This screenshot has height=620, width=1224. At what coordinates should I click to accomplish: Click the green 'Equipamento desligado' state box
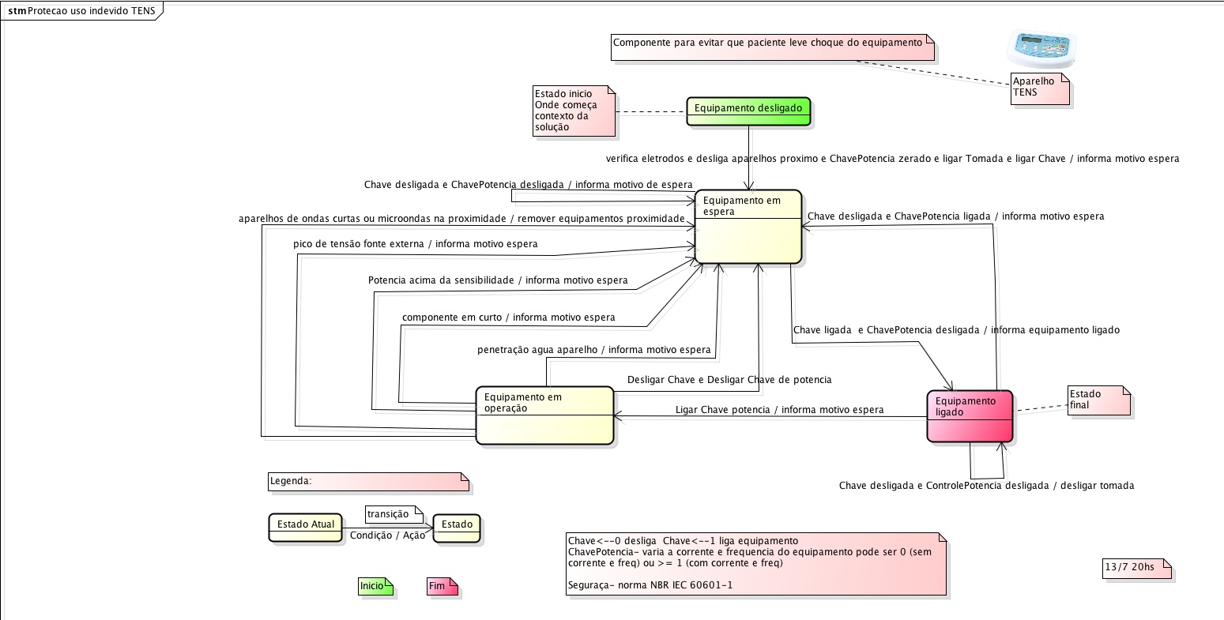748,111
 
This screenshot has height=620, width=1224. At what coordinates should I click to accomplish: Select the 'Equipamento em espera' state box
748,227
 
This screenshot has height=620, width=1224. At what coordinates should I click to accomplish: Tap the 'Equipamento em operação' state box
544,415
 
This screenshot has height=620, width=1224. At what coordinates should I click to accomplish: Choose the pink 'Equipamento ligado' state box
970,416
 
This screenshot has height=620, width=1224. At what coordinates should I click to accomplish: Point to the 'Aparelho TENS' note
1039,88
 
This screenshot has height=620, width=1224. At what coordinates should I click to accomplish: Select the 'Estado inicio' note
573,111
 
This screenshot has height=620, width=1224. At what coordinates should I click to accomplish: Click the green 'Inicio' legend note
375,586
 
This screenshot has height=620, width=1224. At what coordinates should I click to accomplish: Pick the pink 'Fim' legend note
441,586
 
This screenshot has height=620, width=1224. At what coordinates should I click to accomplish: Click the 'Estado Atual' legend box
306,527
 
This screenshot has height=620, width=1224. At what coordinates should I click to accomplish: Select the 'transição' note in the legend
391,514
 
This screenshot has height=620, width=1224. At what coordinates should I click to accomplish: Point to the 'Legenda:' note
367,481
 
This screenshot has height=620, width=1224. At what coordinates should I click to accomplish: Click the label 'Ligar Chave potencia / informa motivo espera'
779,410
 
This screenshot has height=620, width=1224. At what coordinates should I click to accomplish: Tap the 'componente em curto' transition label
508,318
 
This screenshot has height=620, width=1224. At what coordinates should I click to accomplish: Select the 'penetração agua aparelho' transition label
593,349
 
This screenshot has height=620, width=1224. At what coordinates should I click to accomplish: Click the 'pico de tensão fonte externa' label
415,244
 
